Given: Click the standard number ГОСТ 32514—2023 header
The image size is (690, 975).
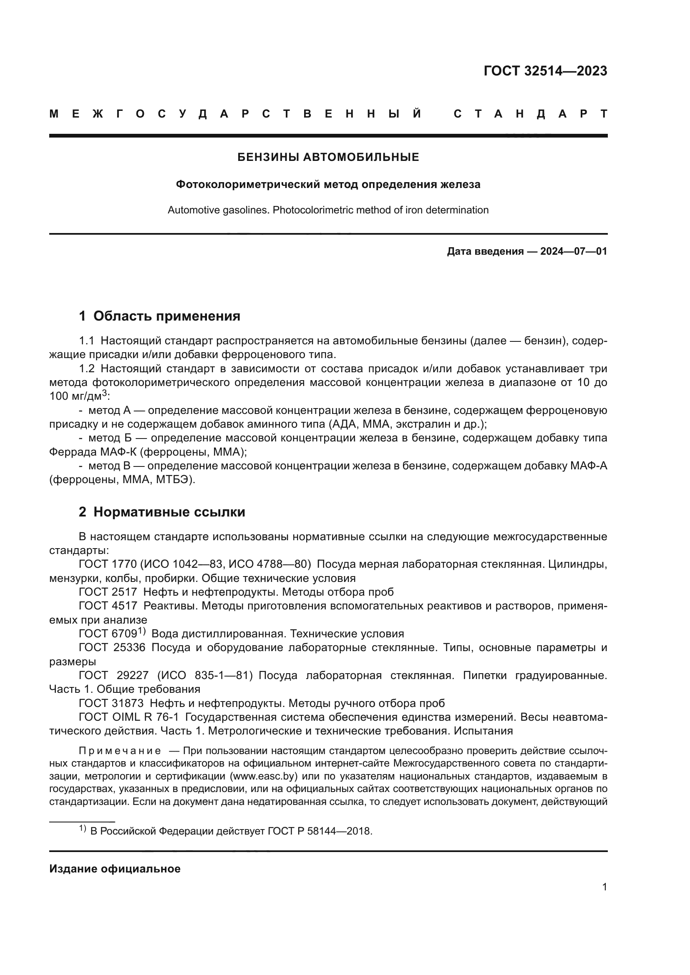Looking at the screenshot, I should coord(545,71).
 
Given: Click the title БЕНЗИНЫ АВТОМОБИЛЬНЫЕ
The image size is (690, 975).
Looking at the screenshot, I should coord(328,158).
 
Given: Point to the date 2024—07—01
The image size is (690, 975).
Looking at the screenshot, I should coord(573,251).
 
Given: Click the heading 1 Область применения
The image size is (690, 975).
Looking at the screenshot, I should coord(159,316).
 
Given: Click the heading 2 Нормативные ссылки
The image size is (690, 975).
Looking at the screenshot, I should coord(162,512).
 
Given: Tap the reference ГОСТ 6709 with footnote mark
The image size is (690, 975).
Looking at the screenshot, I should coord(111,634).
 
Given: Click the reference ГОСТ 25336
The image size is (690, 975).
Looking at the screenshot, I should coord(112,648).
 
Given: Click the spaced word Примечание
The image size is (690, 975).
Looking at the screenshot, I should coord(120,751).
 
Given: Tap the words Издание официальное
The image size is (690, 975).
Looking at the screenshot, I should coord(115,869).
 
